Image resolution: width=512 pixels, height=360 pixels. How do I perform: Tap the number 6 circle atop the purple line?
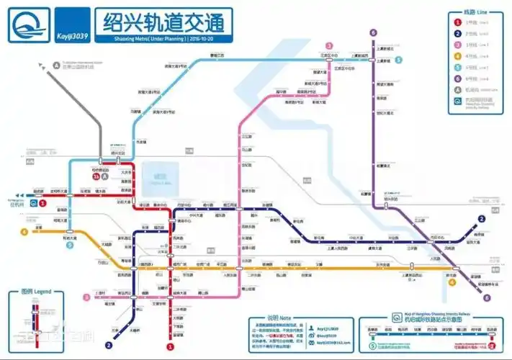point(373,33)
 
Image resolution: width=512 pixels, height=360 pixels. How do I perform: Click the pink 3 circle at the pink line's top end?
point(329,45)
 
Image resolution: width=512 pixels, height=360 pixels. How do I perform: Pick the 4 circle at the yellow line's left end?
point(24,232)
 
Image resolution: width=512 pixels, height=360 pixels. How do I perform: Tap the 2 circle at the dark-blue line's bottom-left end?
point(109,345)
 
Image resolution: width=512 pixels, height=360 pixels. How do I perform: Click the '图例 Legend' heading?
point(36,292)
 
